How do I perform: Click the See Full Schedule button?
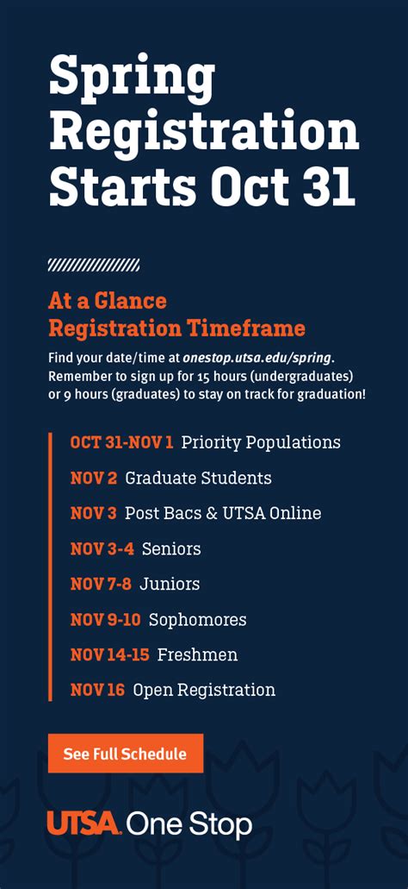coord(126,754)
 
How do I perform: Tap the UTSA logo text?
coord(83,823)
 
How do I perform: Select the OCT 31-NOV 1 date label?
coord(121,442)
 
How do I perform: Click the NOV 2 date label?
coord(94,478)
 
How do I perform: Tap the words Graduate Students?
coord(198,478)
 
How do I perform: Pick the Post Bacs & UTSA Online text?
coord(223,513)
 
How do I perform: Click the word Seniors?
coord(171,548)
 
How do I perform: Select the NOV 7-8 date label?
coord(101,584)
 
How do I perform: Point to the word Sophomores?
coord(197,619)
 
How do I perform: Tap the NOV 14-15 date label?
coord(109,654)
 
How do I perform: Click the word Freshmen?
coord(197,654)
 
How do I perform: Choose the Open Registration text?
coord(204,690)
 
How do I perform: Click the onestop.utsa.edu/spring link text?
coord(257,356)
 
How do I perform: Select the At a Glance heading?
coord(108,301)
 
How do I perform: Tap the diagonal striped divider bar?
coord(94,265)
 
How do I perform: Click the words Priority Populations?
coord(261,442)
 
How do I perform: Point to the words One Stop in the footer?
coord(189,824)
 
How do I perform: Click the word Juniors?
coord(170,584)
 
